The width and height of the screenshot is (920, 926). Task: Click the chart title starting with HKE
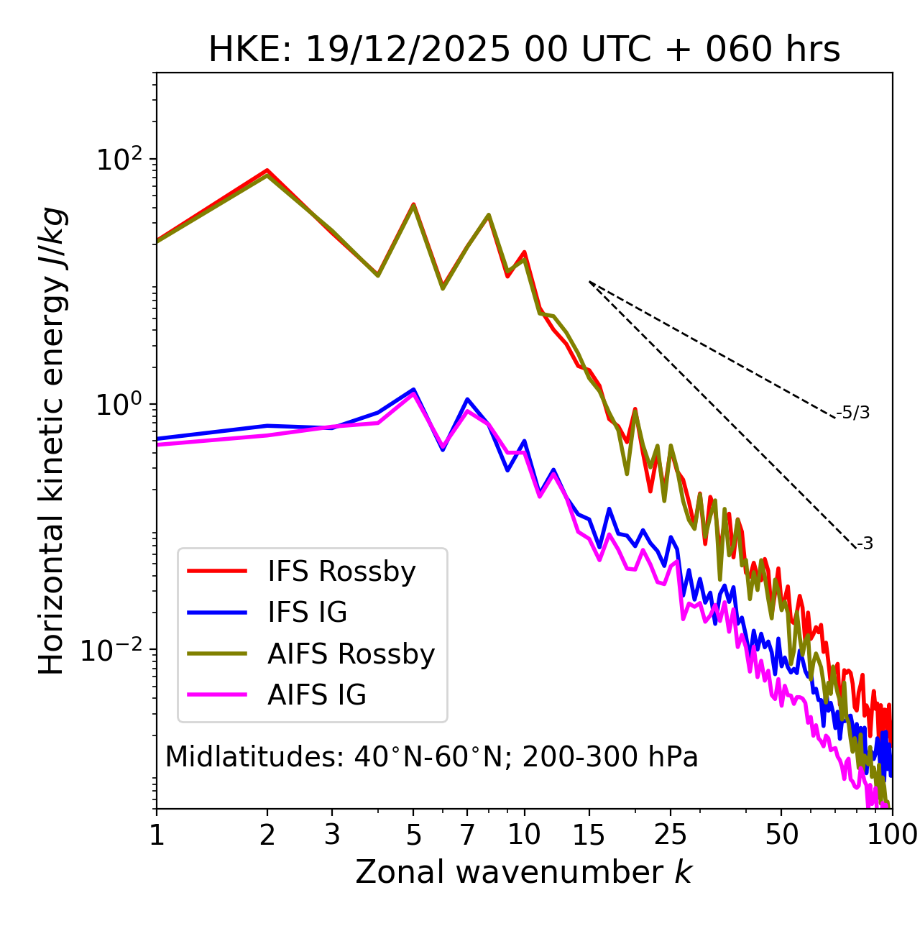click(524, 50)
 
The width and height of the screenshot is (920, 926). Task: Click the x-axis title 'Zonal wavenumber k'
click(523, 871)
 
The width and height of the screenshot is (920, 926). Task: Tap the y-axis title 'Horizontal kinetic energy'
click(52, 441)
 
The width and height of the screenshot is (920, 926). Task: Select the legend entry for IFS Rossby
click(341, 572)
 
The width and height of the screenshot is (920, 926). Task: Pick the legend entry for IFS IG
click(307, 613)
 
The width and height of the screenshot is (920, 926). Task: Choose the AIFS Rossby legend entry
click(351, 654)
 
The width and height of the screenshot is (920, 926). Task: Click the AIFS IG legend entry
click(316, 694)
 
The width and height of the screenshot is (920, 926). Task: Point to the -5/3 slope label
click(853, 413)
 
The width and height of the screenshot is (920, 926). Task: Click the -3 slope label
click(865, 544)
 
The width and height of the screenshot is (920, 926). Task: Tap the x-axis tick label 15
click(589, 834)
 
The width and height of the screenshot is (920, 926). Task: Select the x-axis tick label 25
click(671, 834)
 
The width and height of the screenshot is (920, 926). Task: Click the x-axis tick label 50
click(781, 834)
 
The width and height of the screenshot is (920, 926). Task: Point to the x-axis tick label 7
click(467, 834)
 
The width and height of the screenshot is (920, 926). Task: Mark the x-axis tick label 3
click(332, 834)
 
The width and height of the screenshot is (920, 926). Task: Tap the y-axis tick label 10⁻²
click(115, 649)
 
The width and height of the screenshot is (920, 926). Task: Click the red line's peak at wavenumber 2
click(267, 170)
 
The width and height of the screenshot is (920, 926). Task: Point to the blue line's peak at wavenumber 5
click(413, 390)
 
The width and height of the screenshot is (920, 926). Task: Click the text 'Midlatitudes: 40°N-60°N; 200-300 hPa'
click(431, 757)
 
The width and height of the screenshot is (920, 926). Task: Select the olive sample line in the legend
click(217, 654)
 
